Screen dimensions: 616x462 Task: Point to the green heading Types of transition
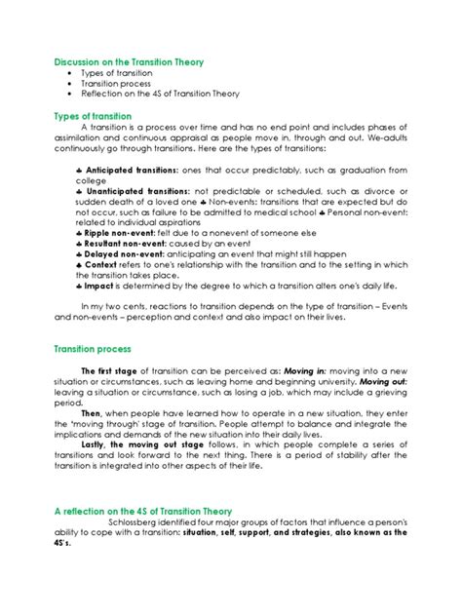tap(97, 115)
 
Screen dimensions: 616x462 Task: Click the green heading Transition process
tap(98, 348)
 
